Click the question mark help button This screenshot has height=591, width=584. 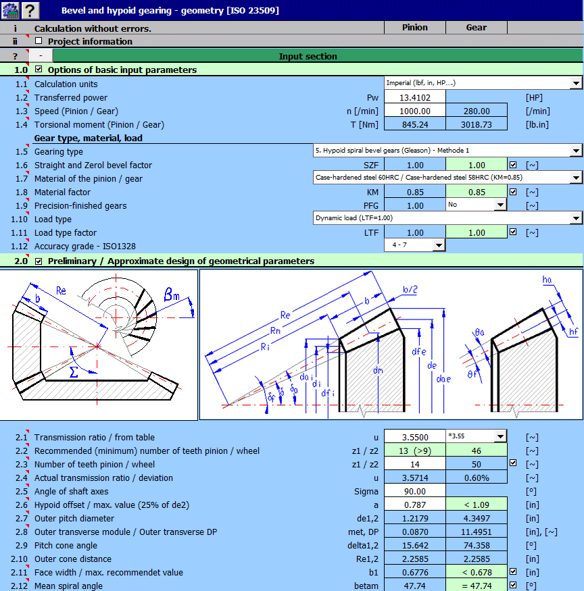(30, 9)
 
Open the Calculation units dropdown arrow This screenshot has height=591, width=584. (576, 84)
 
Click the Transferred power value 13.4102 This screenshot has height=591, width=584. (415, 97)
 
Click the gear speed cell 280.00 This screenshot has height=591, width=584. (476, 111)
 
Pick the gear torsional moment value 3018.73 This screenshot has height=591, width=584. (476, 124)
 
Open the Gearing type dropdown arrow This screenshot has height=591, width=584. (576, 151)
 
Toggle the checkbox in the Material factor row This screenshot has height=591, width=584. (513, 192)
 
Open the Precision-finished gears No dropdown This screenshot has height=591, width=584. (500, 205)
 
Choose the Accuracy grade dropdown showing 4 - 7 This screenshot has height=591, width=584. (438, 246)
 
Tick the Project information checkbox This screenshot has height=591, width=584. (39, 41)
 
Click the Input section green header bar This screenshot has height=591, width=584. (308, 56)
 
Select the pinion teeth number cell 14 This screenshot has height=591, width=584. (415, 464)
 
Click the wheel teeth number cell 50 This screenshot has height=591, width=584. (476, 464)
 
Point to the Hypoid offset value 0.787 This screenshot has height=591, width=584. (415, 505)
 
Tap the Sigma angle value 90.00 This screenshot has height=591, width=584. (415, 491)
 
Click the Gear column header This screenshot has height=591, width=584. (476, 28)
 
